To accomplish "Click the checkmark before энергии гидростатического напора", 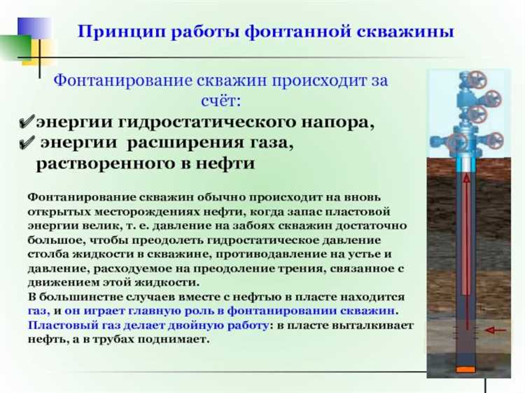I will click(27, 123).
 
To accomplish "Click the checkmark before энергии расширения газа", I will click(27, 143).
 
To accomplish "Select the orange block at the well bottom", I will click(464, 368).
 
